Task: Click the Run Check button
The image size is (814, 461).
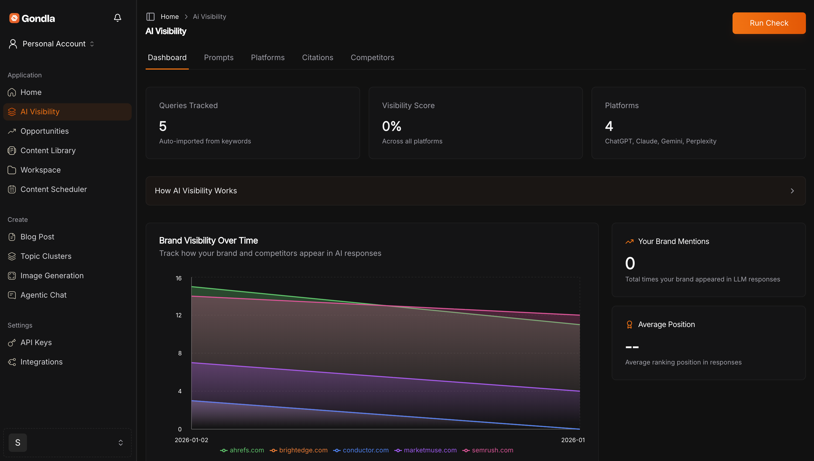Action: point(769,23)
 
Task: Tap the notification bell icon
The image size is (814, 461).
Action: point(118,18)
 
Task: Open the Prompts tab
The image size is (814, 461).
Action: point(218,58)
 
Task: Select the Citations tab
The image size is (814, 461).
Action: point(317,58)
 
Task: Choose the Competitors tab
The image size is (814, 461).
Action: point(372,58)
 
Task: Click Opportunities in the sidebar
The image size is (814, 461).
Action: point(44,131)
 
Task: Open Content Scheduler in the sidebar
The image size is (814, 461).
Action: point(53,189)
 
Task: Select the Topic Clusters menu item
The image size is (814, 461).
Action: point(46,256)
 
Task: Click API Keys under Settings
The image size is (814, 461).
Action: point(36,343)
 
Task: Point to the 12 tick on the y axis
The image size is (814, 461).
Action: point(179,315)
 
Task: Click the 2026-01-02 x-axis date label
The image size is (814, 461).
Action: point(191,440)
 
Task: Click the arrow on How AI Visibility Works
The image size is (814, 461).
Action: point(792,191)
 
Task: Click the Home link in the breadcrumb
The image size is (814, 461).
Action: point(169,16)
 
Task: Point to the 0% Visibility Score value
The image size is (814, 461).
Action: point(391,126)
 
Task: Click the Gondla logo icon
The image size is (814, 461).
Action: point(14,18)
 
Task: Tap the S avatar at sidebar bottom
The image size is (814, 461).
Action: point(18,443)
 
